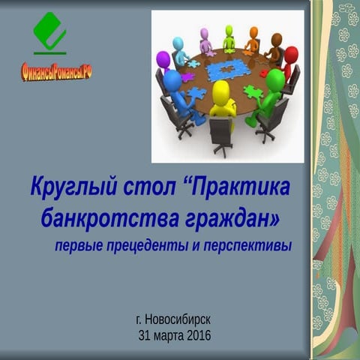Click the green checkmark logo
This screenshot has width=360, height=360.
49,31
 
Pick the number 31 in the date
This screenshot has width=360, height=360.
145,334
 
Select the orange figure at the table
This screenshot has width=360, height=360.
253,37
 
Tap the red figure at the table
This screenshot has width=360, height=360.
289,60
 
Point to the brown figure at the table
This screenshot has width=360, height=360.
275,45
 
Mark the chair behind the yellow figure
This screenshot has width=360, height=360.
220,135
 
